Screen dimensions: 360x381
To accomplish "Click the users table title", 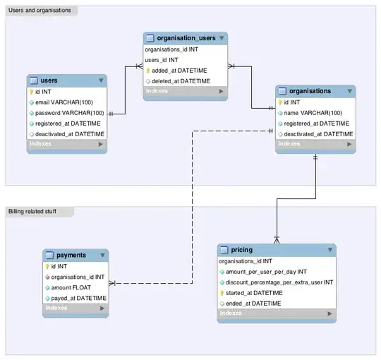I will pos(49,80).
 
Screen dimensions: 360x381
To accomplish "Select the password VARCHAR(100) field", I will pos(70,113).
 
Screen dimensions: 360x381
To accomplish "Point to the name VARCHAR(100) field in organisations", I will pos(314,112).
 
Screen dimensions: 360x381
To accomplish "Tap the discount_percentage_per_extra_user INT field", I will pos(280,282).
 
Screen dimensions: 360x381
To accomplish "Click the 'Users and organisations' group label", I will pos(40,11).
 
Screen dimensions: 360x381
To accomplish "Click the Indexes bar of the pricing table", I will pos(276,313).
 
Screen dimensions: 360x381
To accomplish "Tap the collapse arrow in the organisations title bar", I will pos(349,91).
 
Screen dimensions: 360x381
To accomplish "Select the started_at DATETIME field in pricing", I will pos(255,292).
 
